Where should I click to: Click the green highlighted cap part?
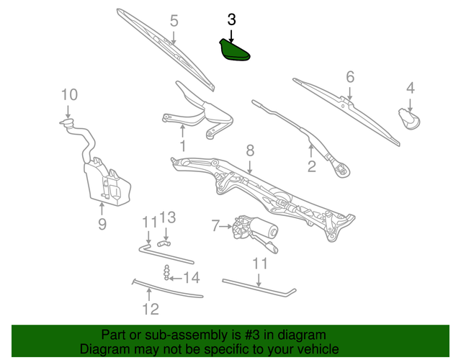click(233, 52)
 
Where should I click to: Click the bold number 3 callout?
click(231, 19)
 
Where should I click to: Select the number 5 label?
click(174, 21)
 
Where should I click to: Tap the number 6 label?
click(350, 76)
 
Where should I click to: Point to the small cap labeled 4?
click(411, 119)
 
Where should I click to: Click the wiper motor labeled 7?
click(254, 228)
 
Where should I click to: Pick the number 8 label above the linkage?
click(250, 150)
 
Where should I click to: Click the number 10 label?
click(68, 94)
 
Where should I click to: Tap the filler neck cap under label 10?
click(68, 125)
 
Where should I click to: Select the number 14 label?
click(190, 278)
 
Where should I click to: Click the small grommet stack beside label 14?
click(167, 274)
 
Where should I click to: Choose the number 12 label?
click(149, 310)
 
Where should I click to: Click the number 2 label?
click(312, 167)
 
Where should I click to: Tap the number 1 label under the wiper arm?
click(182, 147)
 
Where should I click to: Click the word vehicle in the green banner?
click(305, 348)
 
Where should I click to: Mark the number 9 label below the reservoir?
click(102, 224)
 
